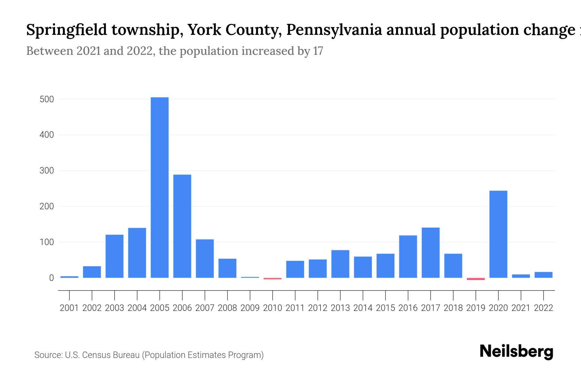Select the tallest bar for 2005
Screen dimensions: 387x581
click(159, 187)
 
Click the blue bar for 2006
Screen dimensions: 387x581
click(182, 226)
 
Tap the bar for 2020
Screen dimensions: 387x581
click(498, 234)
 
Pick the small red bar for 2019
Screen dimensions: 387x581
click(476, 279)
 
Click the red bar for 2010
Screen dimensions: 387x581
click(272, 279)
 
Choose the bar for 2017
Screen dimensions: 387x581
click(431, 253)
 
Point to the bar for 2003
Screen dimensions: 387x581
click(115, 256)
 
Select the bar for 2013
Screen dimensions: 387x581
click(340, 264)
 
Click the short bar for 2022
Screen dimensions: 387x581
click(543, 275)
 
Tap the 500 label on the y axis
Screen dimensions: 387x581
click(47, 99)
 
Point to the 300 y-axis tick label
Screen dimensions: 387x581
click(47, 171)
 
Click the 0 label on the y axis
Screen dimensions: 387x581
click(51, 278)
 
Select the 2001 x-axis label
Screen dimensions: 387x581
click(69, 308)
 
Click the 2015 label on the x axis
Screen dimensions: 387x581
click(385, 308)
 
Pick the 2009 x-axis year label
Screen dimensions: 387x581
click(250, 308)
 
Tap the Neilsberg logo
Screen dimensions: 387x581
click(516, 352)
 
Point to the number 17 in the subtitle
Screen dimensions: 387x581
click(318, 51)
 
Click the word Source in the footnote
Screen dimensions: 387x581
click(48, 355)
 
